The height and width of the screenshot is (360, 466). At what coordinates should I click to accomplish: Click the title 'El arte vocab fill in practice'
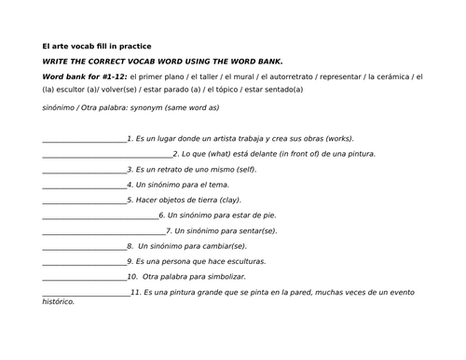click(x=97, y=45)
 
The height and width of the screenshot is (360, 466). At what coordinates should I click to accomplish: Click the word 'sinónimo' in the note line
click(x=59, y=107)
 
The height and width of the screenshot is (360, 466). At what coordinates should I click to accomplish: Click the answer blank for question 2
click(x=107, y=155)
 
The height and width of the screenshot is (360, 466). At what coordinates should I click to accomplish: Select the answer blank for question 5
click(x=84, y=201)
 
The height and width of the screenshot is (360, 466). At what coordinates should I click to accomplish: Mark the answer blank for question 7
click(x=103, y=231)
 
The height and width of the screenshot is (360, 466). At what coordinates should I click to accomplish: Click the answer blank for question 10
click(x=84, y=277)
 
